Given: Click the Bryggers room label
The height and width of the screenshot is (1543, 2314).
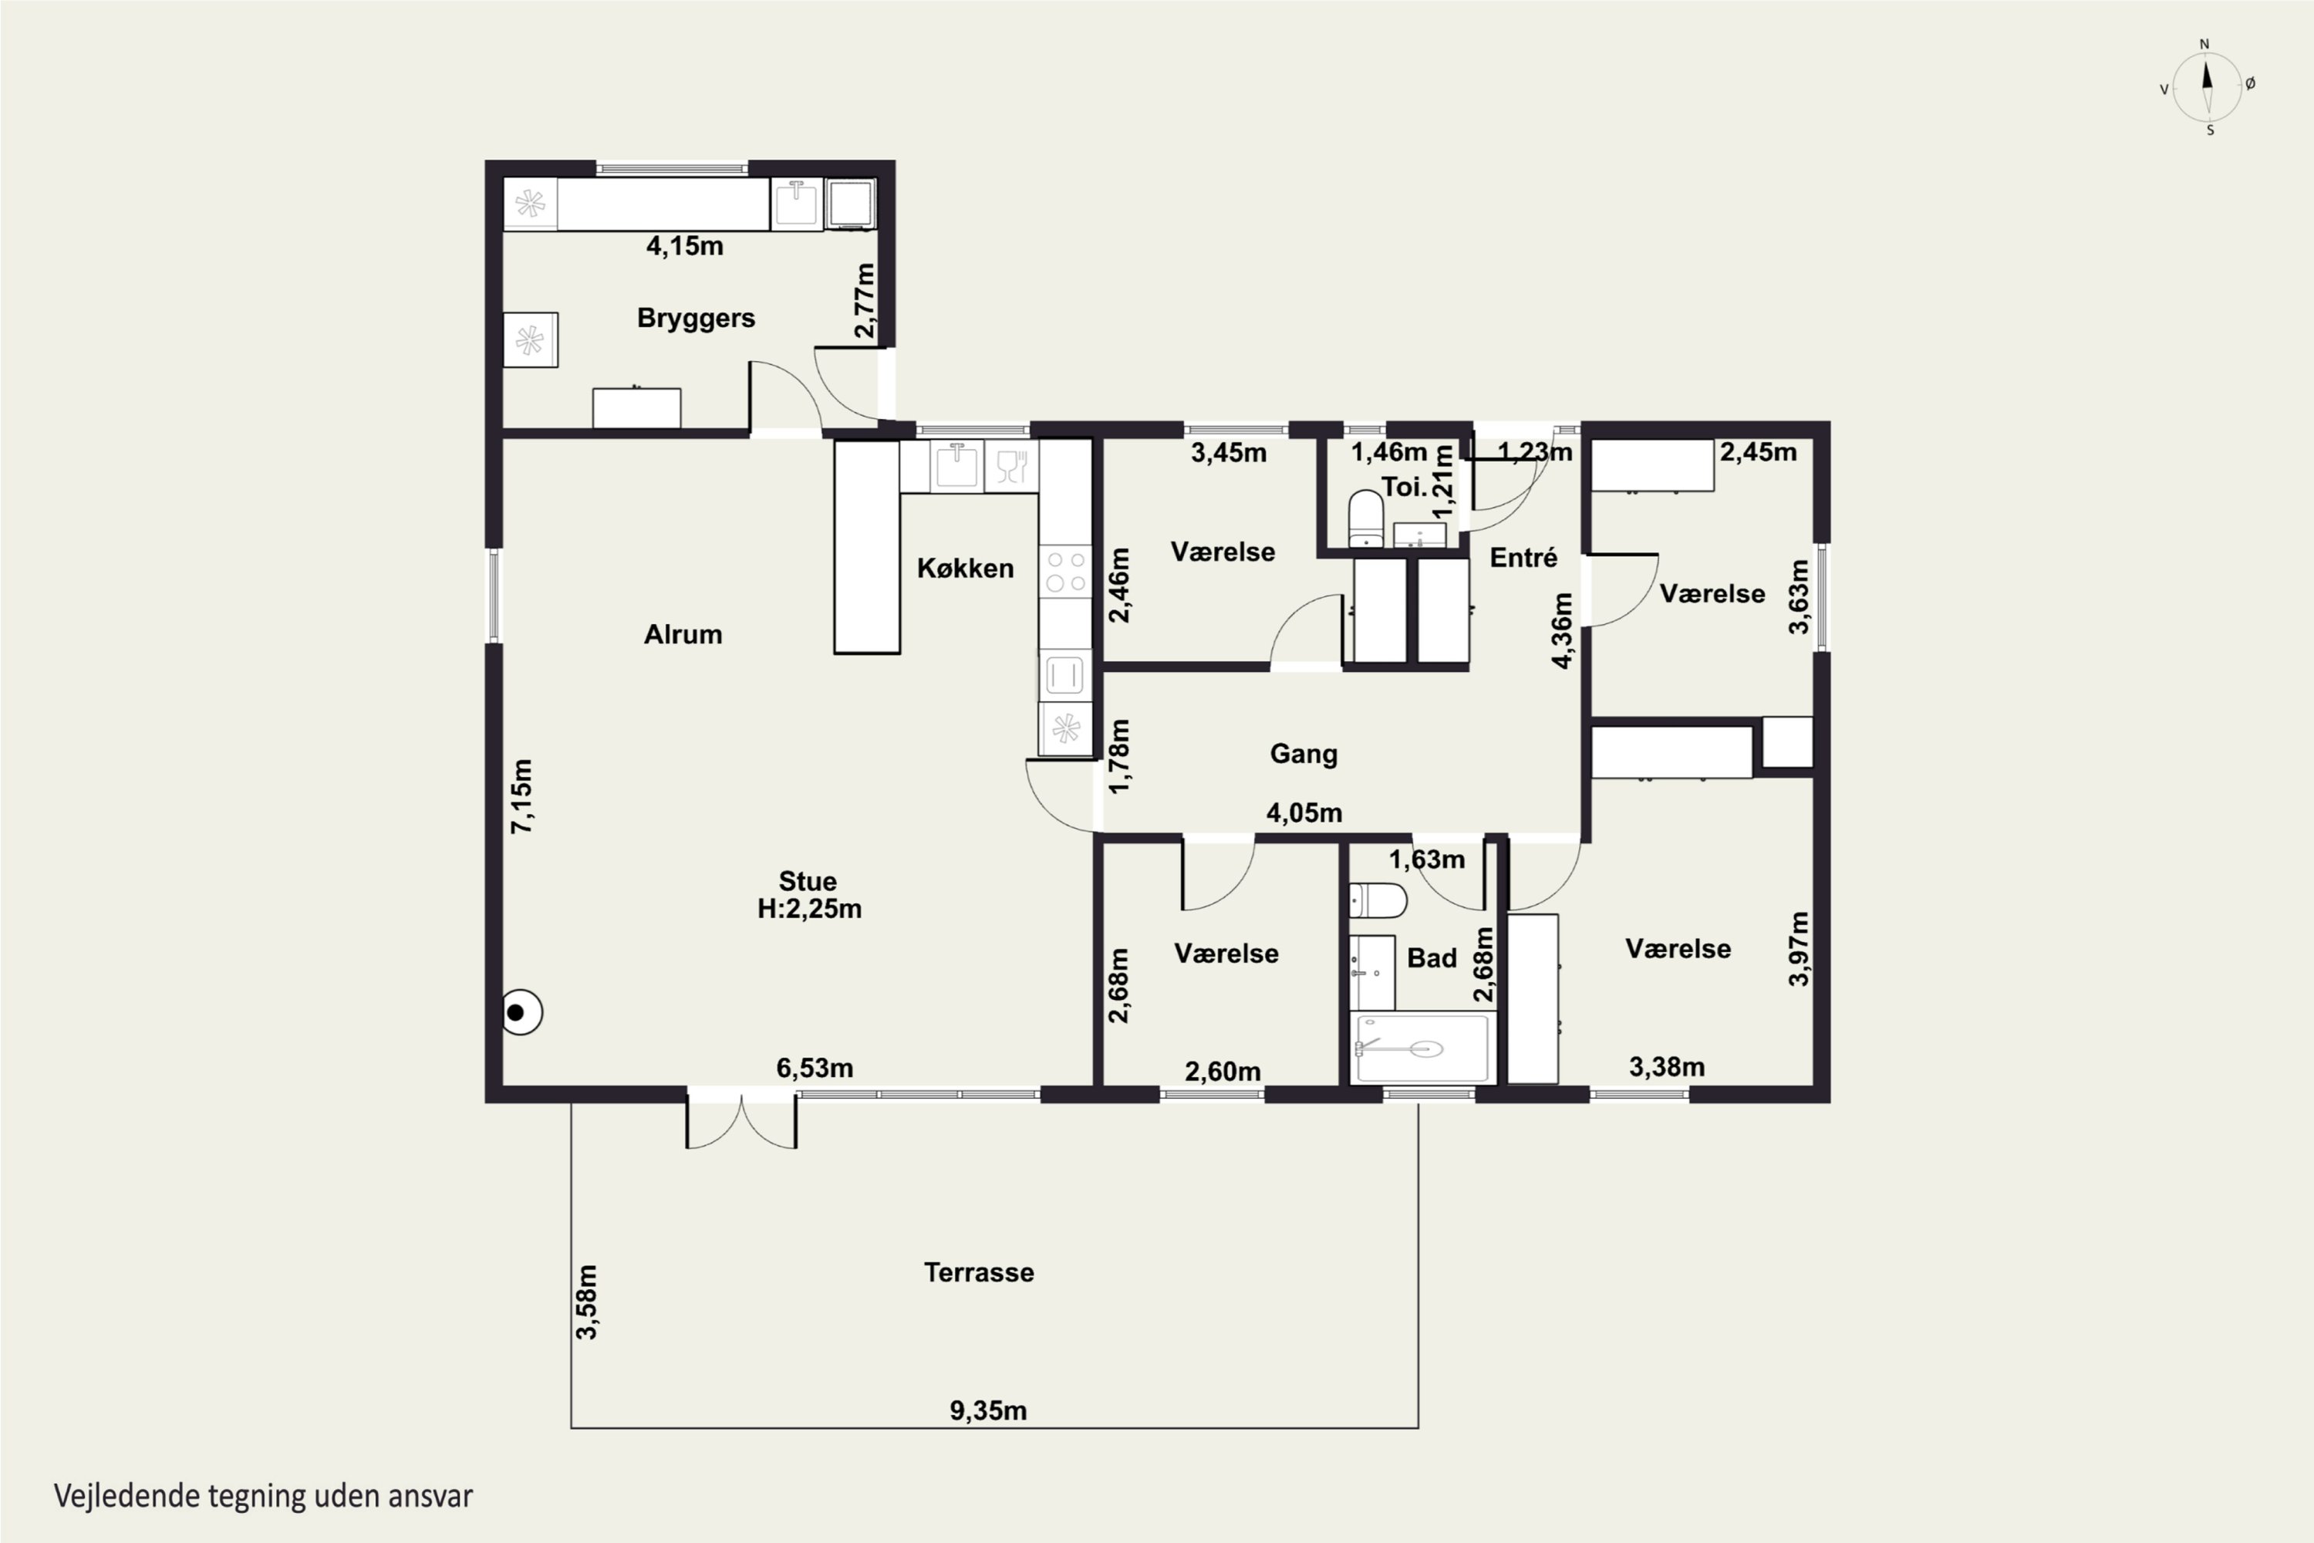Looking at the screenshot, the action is pos(696,319).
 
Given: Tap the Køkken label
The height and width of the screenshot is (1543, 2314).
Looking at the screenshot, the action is pos(965,568).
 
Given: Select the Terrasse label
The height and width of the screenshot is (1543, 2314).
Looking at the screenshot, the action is pos(979,1272).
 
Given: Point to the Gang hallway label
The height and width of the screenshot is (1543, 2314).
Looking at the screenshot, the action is pos(1304,755).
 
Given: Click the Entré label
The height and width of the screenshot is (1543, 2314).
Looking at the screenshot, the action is pos(1523,557).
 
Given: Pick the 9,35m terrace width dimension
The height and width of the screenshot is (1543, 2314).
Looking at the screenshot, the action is pos(988,1411).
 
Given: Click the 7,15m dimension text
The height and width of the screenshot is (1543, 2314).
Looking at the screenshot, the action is pos(521,796).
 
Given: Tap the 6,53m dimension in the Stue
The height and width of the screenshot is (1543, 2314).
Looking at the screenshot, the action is pos(815,1068).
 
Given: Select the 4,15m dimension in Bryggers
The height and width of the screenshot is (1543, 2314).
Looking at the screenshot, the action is pos(685,246).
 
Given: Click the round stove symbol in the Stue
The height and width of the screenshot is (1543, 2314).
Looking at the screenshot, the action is pos(521,1011).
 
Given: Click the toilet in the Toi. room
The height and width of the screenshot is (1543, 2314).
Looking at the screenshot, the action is pos(1365,518).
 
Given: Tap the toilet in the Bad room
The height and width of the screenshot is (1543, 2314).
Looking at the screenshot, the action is pos(1378,900).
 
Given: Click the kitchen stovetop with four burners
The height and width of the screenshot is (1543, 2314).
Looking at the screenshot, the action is pos(1065,572).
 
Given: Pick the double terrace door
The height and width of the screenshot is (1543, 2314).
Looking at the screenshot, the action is pos(740,1120).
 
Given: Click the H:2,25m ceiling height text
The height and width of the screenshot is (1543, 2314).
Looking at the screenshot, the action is pos(808,908).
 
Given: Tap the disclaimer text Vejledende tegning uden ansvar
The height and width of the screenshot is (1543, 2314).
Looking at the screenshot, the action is pos(264,1496).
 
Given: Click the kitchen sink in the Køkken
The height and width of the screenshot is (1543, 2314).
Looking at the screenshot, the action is pos(956,465).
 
